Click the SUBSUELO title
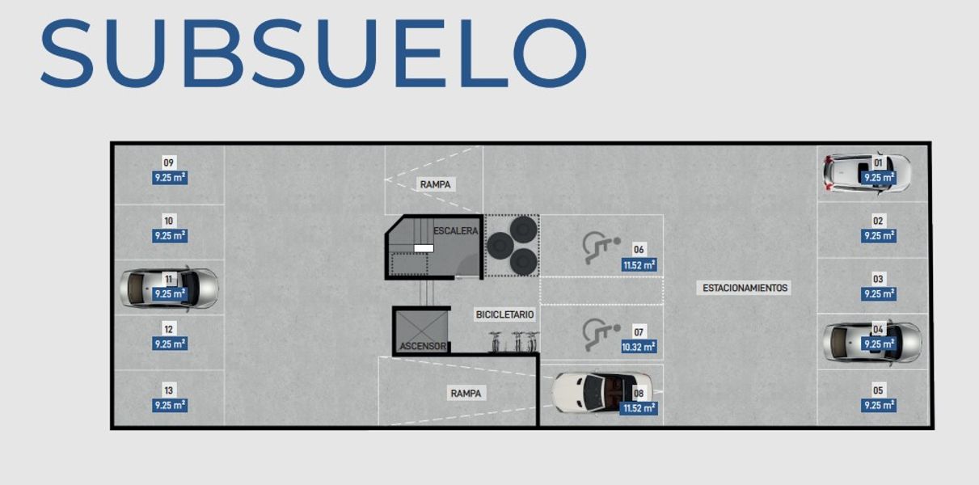(313, 53)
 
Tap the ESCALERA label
(455, 231)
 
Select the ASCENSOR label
(422, 346)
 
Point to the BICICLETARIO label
(504, 314)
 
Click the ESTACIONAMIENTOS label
(745, 288)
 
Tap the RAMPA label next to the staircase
(435, 184)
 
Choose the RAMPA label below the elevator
(466, 394)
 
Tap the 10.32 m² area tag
(639, 347)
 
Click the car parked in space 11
(170, 287)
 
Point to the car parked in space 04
(871, 343)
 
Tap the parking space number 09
(169, 162)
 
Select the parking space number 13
(169, 390)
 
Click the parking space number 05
(879, 390)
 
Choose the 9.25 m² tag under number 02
(879, 236)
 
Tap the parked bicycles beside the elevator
(513, 341)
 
